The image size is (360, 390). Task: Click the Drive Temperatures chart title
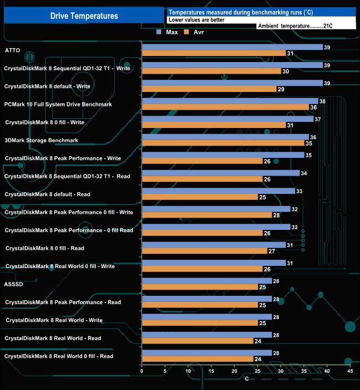click(84, 16)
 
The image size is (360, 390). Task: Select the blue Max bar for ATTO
click(232, 47)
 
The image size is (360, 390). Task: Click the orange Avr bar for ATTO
click(214, 53)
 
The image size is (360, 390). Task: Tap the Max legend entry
click(168, 32)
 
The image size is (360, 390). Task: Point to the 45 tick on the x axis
click(349, 371)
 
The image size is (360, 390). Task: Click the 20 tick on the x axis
click(234, 371)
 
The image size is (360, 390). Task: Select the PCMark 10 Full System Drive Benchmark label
click(58, 104)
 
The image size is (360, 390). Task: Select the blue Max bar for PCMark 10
click(230, 101)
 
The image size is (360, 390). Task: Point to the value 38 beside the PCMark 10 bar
click(322, 101)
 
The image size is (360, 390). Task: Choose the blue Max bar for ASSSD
click(207, 281)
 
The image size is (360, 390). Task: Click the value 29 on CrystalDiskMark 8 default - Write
click(281, 89)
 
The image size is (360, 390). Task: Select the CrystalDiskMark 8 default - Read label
click(48, 194)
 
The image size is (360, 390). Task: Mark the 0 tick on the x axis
click(142, 371)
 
